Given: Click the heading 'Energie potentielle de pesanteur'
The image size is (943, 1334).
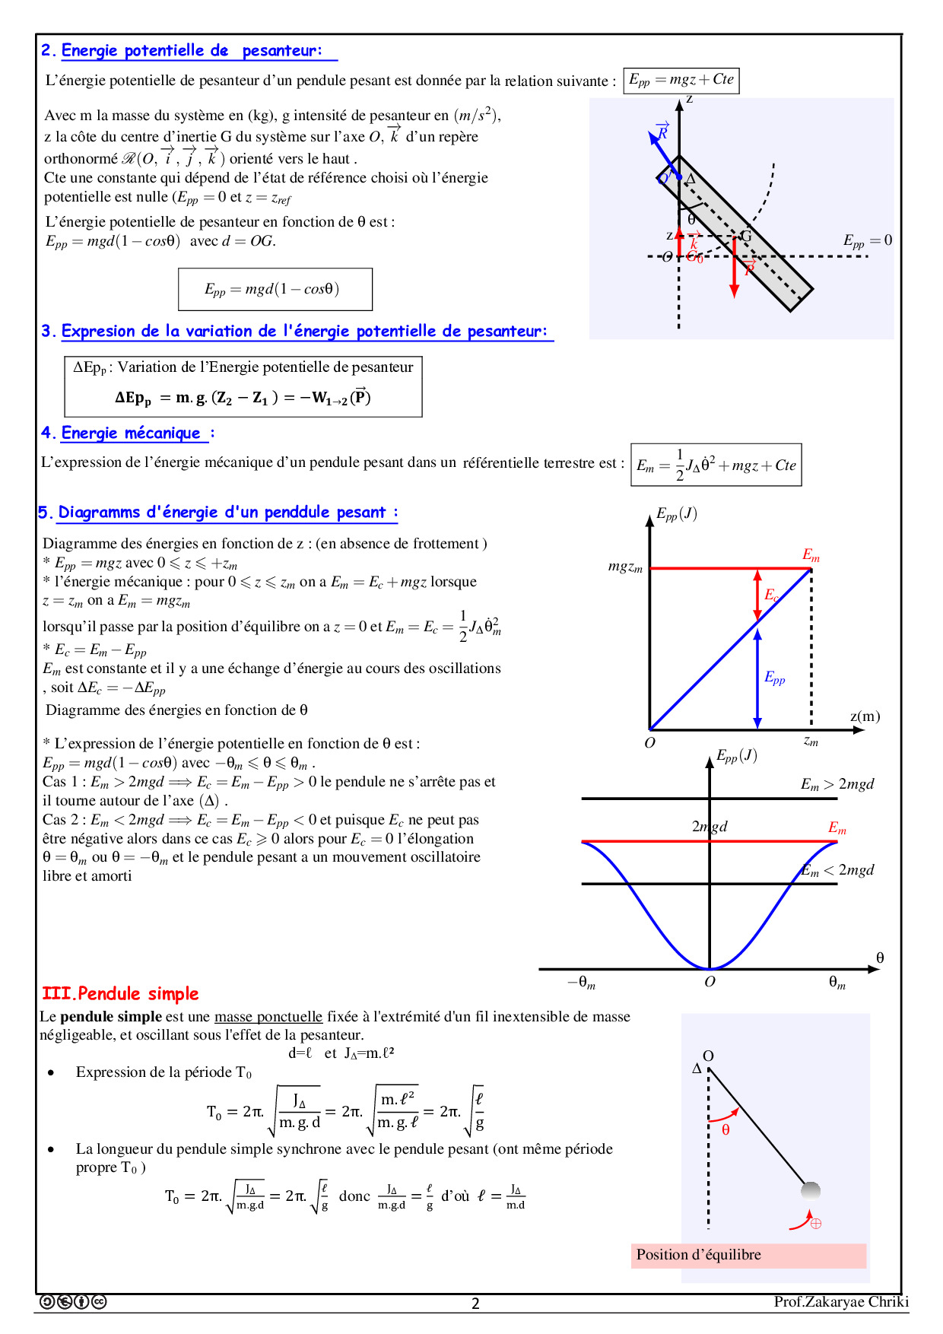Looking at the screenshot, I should (191, 51).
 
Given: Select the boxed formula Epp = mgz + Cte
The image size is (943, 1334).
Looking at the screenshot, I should (681, 80).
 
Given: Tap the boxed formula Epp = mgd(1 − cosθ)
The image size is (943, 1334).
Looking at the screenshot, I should (275, 289).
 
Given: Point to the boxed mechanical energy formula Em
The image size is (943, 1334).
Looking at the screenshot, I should (716, 465).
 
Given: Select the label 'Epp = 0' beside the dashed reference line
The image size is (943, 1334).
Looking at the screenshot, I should (867, 241).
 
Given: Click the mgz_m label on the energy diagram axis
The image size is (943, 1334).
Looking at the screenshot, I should (625, 567).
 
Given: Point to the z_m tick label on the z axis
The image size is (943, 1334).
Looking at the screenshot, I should (811, 742).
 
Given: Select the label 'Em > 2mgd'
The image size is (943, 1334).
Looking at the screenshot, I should (837, 784).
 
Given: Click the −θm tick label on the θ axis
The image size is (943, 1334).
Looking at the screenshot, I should (581, 983).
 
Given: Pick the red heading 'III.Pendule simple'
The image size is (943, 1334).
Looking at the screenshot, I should (120, 993).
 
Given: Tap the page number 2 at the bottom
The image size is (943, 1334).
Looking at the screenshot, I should (475, 1304).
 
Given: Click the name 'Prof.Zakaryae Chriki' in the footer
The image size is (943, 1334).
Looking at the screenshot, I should (841, 1301).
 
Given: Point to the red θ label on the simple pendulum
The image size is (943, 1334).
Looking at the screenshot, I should (726, 1130).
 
